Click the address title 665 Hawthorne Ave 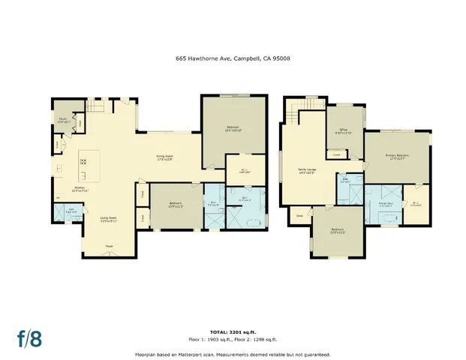[233, 57]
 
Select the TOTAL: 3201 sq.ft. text [233, 331]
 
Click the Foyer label [109, 245]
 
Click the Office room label [345, 132]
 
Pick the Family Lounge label [308, 172]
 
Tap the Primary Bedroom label [398, 157]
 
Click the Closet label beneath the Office [337, 155]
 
